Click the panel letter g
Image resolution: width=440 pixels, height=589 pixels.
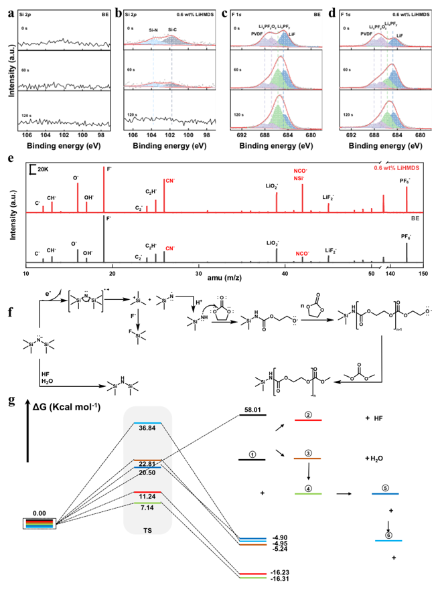[x=7, y=400]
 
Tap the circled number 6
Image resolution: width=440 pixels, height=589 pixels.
[x=389, y=533]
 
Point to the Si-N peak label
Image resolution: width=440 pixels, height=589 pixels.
[x=153, y=30]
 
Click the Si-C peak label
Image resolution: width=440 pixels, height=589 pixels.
[x=173, y=30]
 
